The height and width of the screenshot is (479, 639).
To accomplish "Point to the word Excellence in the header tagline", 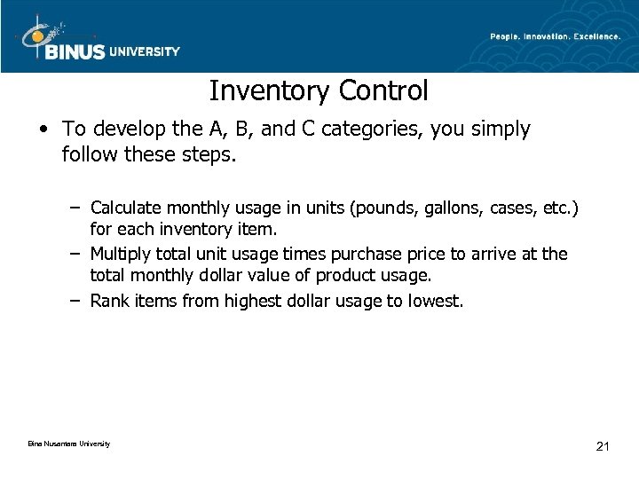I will tap(591, 35).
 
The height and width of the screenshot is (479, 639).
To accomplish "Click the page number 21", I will tap(603, 445).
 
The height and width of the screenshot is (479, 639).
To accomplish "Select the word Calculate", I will tap(125, 208).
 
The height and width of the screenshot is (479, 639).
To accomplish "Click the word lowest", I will tap(434, 301).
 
